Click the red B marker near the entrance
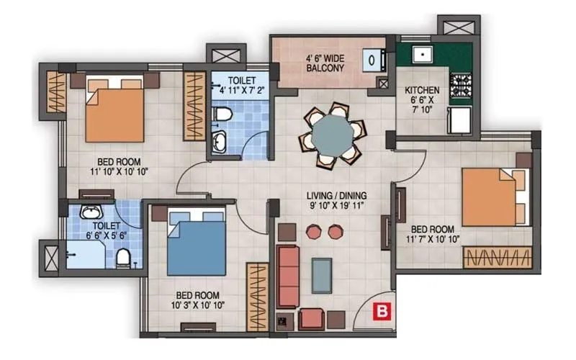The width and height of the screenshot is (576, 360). point(379,311)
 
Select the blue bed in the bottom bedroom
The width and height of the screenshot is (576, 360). point(197,246)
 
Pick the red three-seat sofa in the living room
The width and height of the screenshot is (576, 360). point(289,275)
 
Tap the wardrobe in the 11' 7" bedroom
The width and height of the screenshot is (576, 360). point(498,257)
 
